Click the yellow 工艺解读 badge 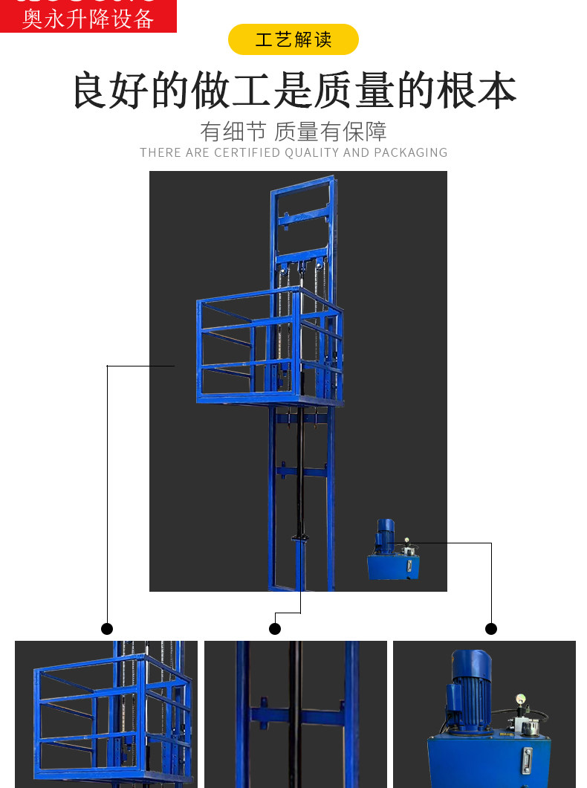(293, 39)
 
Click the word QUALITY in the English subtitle (311, 152)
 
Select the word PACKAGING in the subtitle (410, 152)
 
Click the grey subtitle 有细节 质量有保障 (293, 132)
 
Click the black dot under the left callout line (107, 629)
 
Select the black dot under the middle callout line (275, 629)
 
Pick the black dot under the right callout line (491, 629)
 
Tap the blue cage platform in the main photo (270, 349)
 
